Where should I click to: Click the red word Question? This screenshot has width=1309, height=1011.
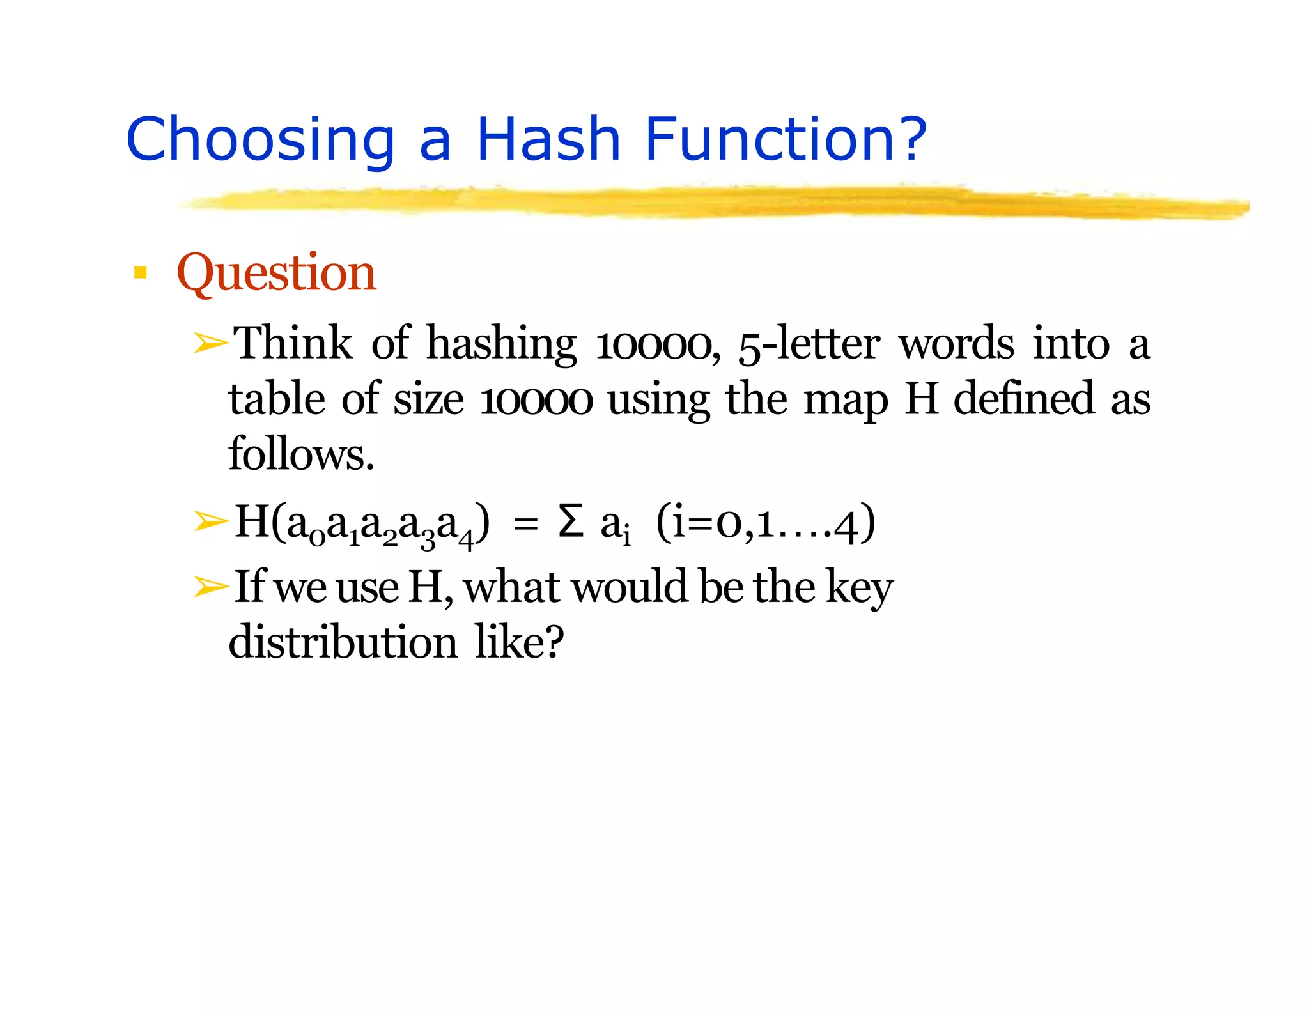(276, 273)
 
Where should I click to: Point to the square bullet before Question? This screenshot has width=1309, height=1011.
(140, 274)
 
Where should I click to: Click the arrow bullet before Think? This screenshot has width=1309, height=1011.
(211, 344)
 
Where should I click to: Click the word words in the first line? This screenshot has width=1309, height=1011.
(957, 344)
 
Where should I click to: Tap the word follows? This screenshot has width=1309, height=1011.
(300, 454)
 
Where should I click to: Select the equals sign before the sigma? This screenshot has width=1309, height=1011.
(525, 525)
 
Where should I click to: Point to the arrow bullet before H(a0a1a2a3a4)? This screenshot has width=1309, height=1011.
(211, 521)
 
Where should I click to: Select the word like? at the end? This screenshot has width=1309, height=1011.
(519, 642)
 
